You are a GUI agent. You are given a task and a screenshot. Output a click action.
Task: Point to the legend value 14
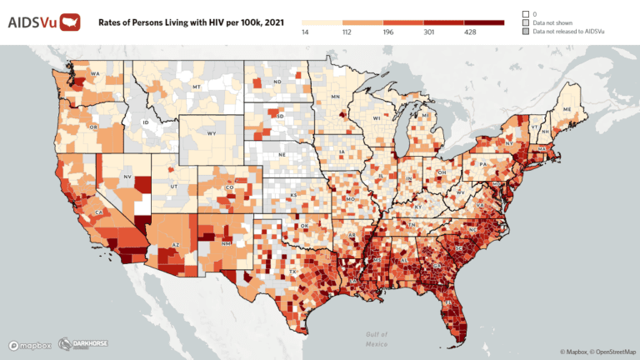[306, 32]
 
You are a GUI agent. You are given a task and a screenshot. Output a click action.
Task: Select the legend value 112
[343, 32]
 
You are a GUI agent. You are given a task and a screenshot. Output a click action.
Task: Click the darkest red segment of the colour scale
[484, 22]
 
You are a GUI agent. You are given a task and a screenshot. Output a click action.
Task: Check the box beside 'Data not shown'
[526, 22]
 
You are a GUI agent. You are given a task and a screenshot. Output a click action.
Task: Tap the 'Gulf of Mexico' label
[377, 338]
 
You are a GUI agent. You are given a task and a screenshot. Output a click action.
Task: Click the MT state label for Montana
[197, 87]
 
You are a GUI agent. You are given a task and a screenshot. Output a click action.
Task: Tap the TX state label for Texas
[292, 272]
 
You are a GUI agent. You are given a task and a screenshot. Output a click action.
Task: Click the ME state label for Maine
[567, 110]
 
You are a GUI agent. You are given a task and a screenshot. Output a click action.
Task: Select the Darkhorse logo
[82, 344]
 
